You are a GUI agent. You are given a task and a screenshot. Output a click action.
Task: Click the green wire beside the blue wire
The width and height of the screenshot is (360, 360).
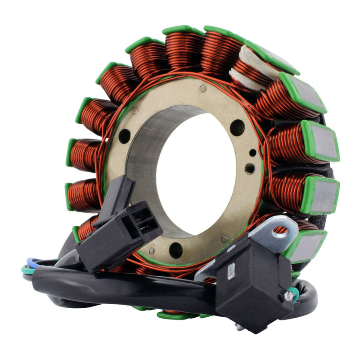[x=26, y=269]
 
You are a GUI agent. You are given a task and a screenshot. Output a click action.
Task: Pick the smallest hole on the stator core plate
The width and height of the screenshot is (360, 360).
[x=253, y=153]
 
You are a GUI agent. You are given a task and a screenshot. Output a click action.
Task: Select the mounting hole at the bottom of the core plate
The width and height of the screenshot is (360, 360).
[x=175, y=250]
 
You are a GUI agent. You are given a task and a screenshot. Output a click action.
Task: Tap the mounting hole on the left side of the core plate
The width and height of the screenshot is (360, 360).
[x=125, y=136]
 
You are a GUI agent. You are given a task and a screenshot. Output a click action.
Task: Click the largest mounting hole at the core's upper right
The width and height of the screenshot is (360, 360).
[x=237, y=128]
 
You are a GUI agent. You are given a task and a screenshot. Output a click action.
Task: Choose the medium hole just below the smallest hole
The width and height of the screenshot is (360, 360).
[x=249, y=169]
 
